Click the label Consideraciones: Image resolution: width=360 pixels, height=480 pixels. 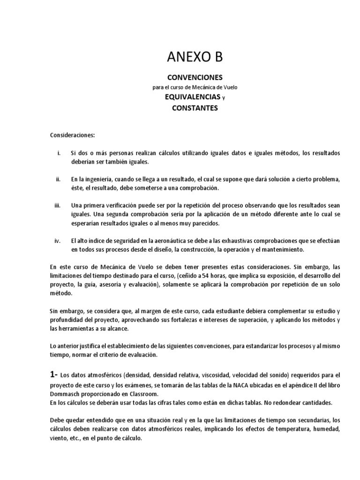[x=72, y=135]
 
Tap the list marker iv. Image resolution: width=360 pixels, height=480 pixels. [x=58, y=240]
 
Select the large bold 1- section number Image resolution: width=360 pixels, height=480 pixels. [x=54, y=375]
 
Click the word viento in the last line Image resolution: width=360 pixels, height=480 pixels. [x=59, y=438]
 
